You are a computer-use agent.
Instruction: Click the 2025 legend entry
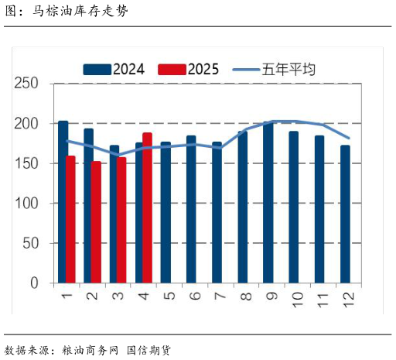[x=188, y=69]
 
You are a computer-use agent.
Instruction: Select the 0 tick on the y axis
[x=34, y=283]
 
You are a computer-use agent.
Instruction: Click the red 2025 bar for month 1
[x=71, y=219]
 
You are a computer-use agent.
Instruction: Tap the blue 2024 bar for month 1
[x=63, y=202]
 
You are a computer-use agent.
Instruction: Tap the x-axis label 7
[x=217, y=295]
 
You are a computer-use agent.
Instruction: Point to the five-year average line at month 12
[x=349, y=139]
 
